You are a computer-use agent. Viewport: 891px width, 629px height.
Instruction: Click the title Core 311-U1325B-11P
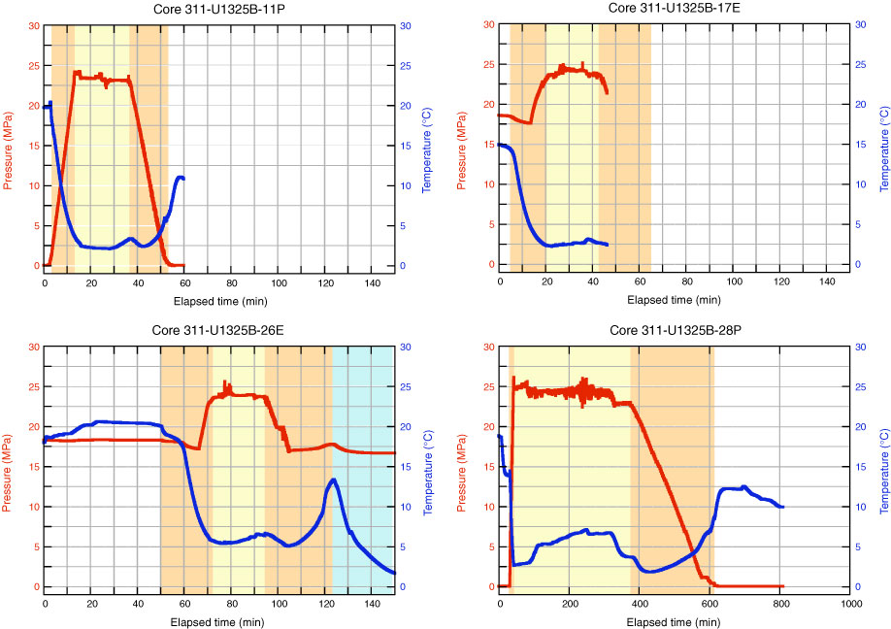click(220, 8)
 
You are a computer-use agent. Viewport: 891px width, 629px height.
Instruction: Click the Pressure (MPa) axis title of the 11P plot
click(11, 145)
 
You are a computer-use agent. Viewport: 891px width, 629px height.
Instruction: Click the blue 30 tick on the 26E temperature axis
click(408, 347)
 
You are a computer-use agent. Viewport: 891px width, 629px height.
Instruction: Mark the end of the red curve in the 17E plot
click(608, 93)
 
